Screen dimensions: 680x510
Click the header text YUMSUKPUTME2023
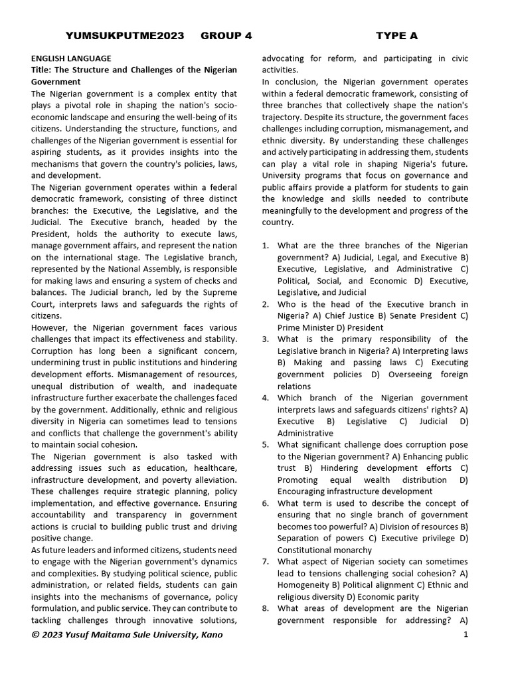[x=125, y=35]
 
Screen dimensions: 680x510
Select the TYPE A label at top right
[x=397, y=35]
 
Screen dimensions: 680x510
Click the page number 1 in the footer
[x=466, y=635]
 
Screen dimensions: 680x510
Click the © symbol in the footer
[x=35, y=635]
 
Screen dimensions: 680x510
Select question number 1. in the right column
[x=266, y=246]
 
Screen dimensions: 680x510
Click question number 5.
[x=266, y=445]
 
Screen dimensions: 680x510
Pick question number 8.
[x=266, y=608]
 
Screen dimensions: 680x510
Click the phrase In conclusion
[x=290, y=82]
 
